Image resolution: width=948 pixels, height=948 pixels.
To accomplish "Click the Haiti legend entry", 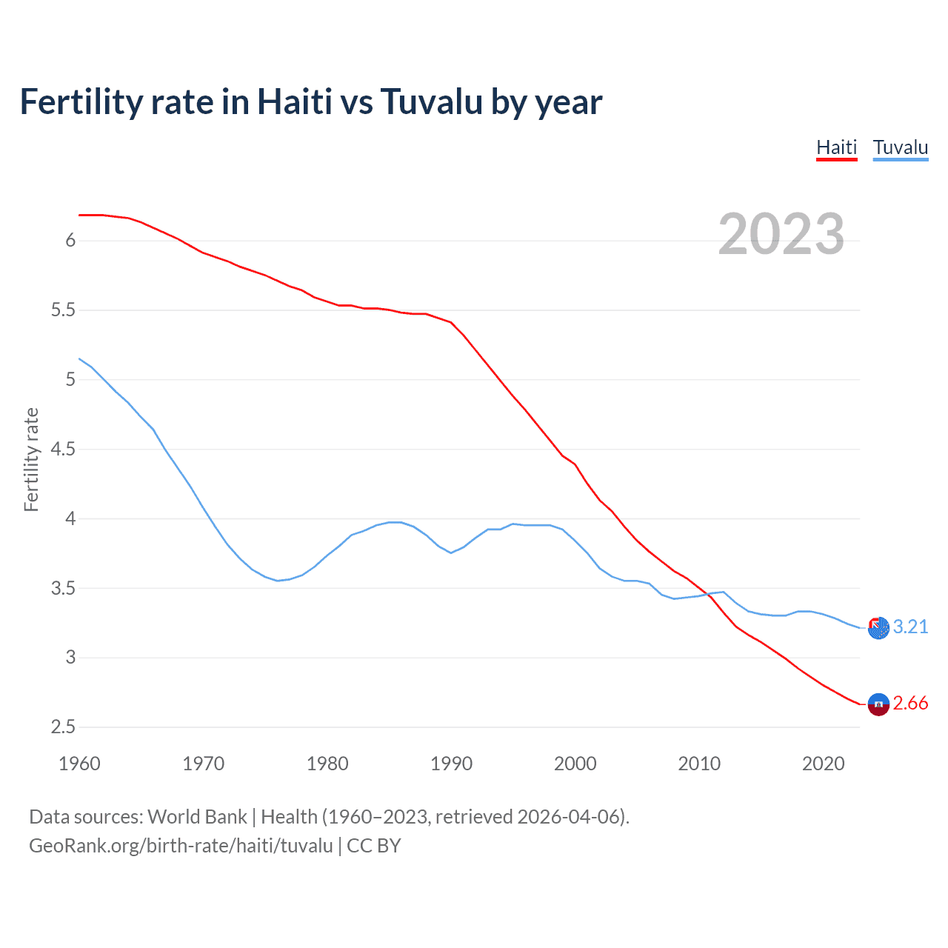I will (x=836, y=147).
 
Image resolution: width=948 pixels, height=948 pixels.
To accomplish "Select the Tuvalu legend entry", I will (x=900, y=147).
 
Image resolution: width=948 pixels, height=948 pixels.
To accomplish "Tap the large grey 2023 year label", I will (x=781, y=234).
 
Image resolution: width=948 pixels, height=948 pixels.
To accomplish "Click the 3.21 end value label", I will (x=910, y=627).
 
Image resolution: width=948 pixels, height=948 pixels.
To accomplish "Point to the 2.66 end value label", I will (x=910, y=703).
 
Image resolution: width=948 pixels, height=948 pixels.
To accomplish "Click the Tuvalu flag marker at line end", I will (x=878, y=627).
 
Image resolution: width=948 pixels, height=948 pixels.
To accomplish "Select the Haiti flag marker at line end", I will (x=878, y=704).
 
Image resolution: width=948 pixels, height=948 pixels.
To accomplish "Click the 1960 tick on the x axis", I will (x=79, y=764).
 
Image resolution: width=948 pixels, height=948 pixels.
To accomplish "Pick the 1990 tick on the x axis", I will (x=451, y=764).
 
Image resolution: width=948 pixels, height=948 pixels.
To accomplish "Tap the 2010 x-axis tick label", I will (x=699, y=764).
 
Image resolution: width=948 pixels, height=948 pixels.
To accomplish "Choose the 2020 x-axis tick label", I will (x=823, y=764).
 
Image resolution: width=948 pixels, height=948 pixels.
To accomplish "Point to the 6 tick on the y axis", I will (x=70, y=240).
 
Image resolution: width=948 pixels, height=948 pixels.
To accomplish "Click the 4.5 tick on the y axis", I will (x=63, y=449).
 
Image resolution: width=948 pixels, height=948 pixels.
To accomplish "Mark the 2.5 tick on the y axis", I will (x=63, y=727).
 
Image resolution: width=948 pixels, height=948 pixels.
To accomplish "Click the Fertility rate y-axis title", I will (x=31, y=459).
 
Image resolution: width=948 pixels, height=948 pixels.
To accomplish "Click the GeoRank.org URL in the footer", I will (x=181, y=846).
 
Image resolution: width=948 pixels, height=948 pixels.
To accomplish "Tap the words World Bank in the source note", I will (x=197, y=817).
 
